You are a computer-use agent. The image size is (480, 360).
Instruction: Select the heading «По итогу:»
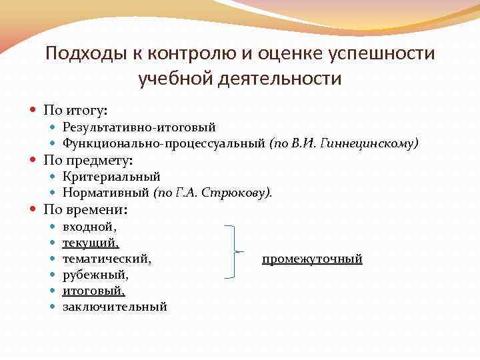[x=75, y=109]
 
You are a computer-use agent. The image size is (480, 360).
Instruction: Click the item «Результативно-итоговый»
[x=139, y=127]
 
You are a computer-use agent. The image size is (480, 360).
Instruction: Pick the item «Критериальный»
[x=111, y=177]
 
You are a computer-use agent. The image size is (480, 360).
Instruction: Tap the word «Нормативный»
[x=106, y=193]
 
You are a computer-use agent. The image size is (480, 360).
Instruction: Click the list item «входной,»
[x=89, y=227]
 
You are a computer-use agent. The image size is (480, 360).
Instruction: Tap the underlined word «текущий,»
[x=91, y=243]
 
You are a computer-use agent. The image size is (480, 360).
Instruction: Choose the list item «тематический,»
[x=107, y=259]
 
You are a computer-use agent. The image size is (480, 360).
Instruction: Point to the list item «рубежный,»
[x=95, y=275]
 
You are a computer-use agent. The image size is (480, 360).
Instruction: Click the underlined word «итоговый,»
[x=93, y=291]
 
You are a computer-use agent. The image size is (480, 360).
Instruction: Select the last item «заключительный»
[x=115, y=307]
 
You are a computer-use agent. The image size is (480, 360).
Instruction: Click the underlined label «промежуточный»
[x=312, y=259]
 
